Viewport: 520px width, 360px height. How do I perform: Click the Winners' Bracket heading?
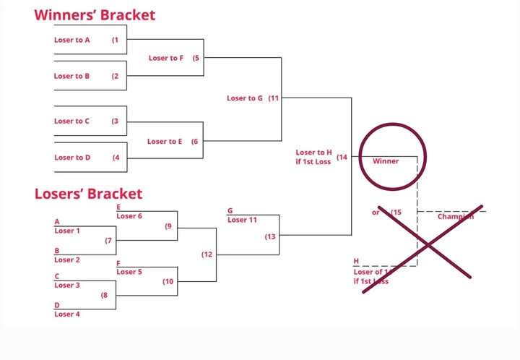[95, 14]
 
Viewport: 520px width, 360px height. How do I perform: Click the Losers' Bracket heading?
[89, 194]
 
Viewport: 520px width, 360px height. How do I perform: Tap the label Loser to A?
[72, 40]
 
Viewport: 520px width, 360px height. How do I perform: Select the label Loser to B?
[72, 76]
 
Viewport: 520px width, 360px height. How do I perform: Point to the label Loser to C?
[72, 121]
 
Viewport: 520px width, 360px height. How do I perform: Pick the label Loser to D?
[72, 158]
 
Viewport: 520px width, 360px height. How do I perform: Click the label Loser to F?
[166, 58]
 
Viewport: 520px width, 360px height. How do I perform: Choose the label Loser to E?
[165, 142]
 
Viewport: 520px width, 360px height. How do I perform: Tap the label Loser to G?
[245, 98]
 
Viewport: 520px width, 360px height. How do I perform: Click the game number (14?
[342, 157]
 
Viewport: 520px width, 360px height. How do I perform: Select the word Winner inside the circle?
[386, 161]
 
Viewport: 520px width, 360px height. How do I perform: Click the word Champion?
[456, 217]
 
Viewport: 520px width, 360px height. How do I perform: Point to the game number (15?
[396, 213]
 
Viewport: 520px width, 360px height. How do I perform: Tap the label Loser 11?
[242, 220]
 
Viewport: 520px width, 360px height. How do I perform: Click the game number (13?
[270, 236]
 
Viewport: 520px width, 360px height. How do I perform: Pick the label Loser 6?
[129, 216]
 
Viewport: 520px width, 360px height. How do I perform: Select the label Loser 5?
[129, 272]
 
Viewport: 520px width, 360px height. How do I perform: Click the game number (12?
[207, 254]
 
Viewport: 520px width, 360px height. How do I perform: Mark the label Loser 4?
[67, 314]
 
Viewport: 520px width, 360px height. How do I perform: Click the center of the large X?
[428, 244]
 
